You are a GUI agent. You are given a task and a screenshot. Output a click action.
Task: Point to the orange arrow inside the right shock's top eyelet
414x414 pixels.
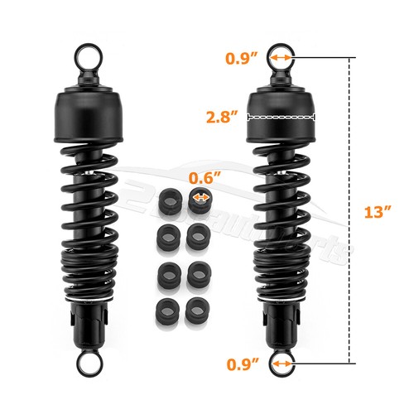[x=283, y=58]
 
